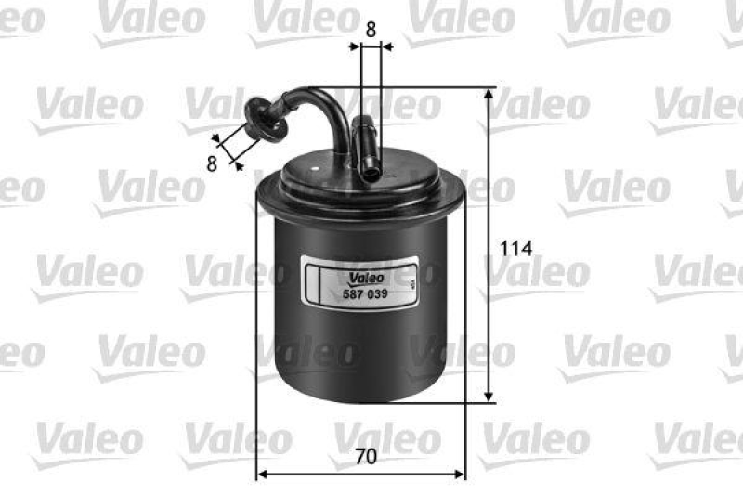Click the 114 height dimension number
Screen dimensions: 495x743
click(515, 249)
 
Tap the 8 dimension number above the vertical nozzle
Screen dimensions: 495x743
click(371, 29)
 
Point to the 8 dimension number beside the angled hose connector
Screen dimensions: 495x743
click(212, 164)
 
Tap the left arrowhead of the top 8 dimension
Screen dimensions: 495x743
click(355, 44)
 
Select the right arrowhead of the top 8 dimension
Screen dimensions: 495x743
click(386, 44)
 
